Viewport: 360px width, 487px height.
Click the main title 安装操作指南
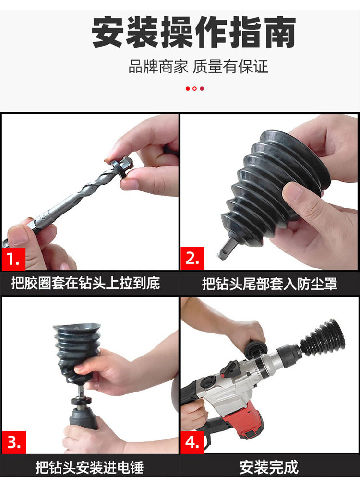pyautogui.click(x=194, y=32)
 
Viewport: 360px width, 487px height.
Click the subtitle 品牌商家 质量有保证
pyautogui.click(x=198, y=67)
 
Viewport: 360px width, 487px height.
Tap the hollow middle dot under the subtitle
pyautogui.click(x=194, y=88)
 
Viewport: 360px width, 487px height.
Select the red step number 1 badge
pyautogui.click(x=13, y=259)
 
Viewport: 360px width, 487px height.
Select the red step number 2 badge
pyautogui.click(x=192, y=259)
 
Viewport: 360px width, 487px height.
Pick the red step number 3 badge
pyautogui.click(x=14, y=442)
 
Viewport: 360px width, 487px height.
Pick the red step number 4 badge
pyautogui.click(x=192, y=442)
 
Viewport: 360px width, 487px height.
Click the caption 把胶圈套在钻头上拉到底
pyautogui.click(x=85, y=283)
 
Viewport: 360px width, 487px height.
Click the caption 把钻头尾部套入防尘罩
pyautogui.click(x=269, y=284)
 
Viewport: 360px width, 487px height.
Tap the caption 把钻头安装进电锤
pyautogui.click(x=89, y=467)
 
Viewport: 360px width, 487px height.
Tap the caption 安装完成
pyautogui.click(x=269, y=467)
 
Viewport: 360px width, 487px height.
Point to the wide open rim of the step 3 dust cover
pyautogui.click(x=77, y=328)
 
